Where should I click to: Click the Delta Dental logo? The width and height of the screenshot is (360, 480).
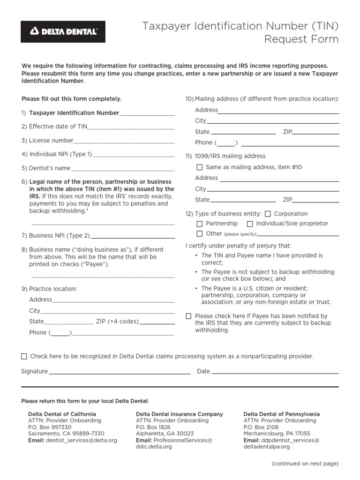(63, 32)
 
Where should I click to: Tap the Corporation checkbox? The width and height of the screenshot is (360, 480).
(268, 214)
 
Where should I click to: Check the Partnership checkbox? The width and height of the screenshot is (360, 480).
(200, 224)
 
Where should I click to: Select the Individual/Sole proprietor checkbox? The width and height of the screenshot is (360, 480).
(250, 224)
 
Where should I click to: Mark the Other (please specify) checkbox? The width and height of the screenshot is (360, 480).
(200, 233)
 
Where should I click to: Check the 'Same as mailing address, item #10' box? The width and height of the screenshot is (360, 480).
(200, 167)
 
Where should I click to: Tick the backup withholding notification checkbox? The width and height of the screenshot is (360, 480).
(188, 316)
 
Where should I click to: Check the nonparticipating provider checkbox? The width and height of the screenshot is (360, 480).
(24, 356)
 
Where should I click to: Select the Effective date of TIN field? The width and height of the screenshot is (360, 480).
(131, 127)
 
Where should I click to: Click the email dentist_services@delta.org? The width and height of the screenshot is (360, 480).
(82, 441)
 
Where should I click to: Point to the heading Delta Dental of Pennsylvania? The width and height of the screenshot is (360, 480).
(282, 414)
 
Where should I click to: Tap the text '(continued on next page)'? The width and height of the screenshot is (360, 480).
(305, 464)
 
